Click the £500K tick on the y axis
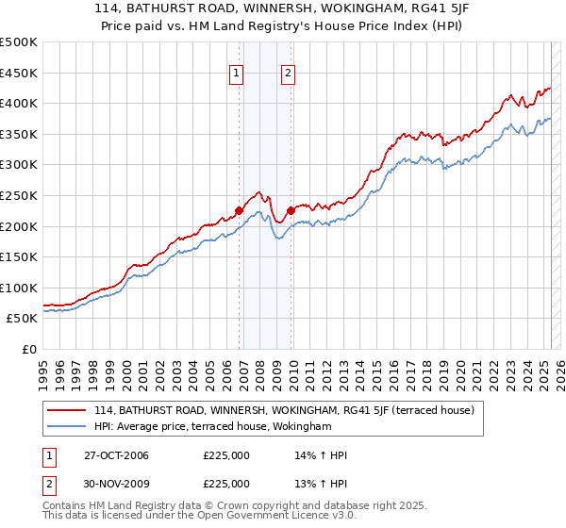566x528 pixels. (19, 42)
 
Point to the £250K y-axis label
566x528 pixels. (19, 195)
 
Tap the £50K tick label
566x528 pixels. (23, 319)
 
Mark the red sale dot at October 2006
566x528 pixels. (240, 211)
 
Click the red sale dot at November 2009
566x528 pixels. (291, 211)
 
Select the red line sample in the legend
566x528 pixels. (68, 410)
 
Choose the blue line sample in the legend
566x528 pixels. (68, 426)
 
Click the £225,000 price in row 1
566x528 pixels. (226, 455)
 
